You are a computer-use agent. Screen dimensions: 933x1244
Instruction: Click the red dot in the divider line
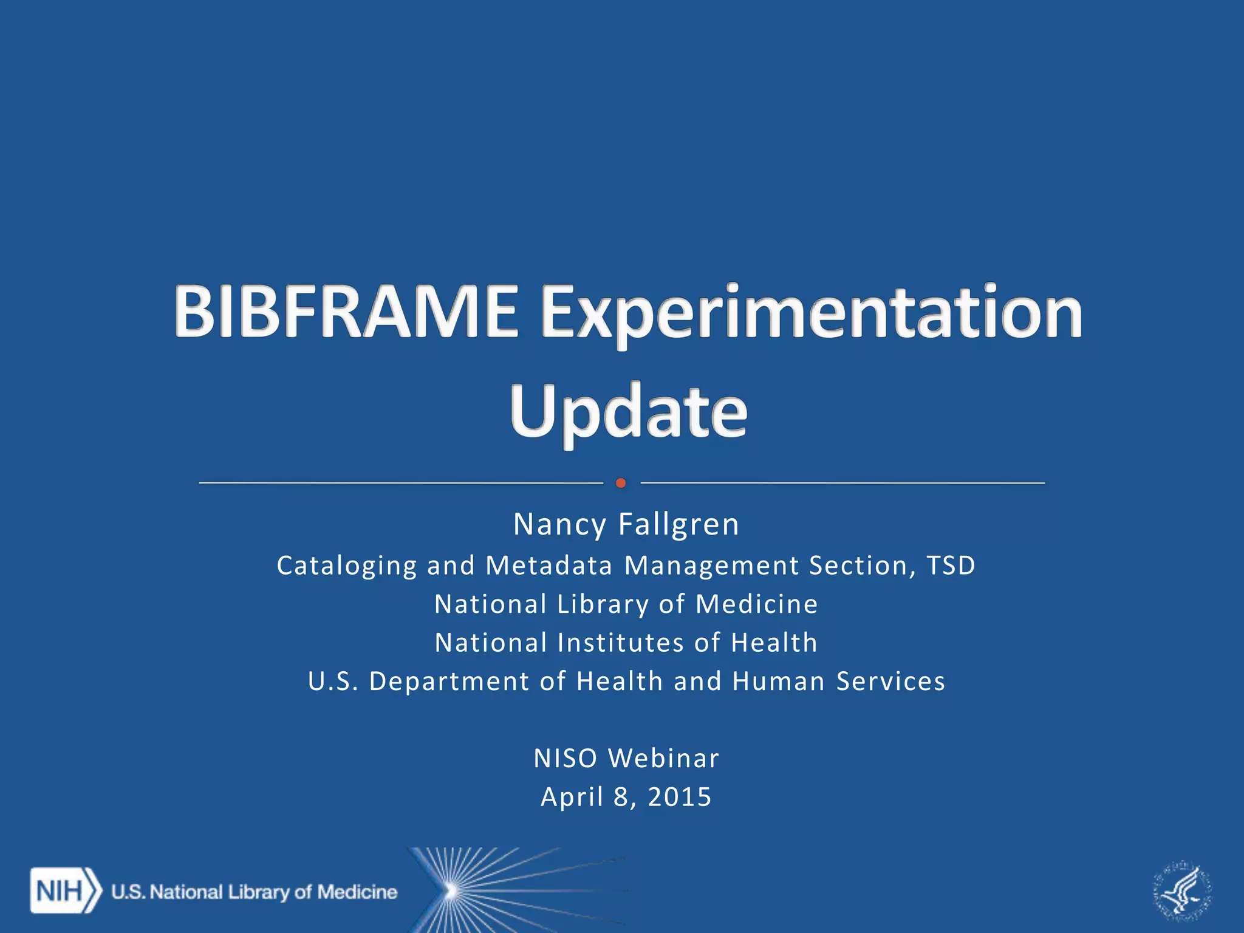(x=621, y=483)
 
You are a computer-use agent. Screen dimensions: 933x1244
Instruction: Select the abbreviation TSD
(x=951, y=566)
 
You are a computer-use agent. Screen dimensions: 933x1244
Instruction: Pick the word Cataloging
(x=347, y=566)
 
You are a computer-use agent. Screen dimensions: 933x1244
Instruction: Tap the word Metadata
(x=549, y=566)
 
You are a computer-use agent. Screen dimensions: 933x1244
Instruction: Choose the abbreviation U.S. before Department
(x=333, y=682)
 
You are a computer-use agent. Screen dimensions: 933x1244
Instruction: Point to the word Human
(x=779, y=682)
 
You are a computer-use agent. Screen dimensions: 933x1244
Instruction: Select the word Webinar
(x=664, y=758)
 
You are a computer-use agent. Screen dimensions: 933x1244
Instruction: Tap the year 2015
(x=680, y=797)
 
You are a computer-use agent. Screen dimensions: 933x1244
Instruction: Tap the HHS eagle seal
(x=1182, y=890)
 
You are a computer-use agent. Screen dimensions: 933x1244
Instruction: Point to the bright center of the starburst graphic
(x=451, y=890)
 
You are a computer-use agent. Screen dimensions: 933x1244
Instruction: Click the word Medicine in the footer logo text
(x=357, y=892)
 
